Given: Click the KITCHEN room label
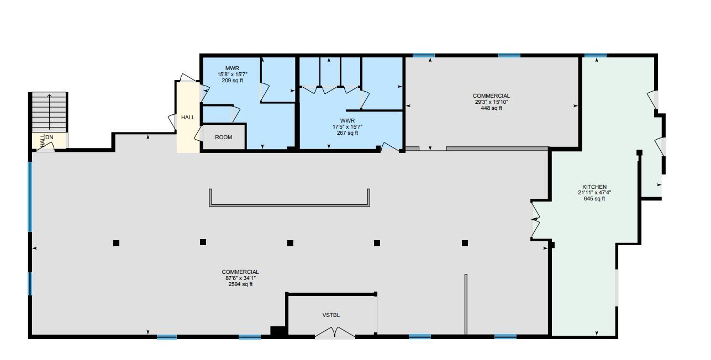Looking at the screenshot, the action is click(x=594, y=187).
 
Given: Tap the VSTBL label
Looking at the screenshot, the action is click(x=331, y=315).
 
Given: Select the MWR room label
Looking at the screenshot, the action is click(x=232, y=68).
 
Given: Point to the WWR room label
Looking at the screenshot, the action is click(x=347, y=120).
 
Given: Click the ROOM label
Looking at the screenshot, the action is click(x=223, y=137).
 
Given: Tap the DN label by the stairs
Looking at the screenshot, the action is click(x=49, y=137).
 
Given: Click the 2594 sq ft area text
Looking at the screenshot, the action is click(x=240, y=284).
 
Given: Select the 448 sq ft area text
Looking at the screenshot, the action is click(x=491, y=108).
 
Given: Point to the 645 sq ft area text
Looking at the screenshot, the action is click(x=594, y=199).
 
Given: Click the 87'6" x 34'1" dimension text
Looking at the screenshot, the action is click(x=240, y=278).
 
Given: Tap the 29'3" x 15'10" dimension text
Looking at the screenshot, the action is click(x=491, y=102).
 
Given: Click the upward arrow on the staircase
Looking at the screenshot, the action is click(x=49, y=112).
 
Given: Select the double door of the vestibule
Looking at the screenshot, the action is click(x=335, y=332).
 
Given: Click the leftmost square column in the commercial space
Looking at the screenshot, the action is click(x=116, y=243).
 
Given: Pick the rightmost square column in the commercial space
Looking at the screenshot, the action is click(x=465, y=243).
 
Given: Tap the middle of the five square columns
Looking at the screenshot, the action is click(x=290, y=243).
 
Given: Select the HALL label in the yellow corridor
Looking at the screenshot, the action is click(x=188, y=118).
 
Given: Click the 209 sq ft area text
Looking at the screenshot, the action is click(x=233, y=81).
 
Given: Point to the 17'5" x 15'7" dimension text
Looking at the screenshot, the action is click(x=347, y=126).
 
